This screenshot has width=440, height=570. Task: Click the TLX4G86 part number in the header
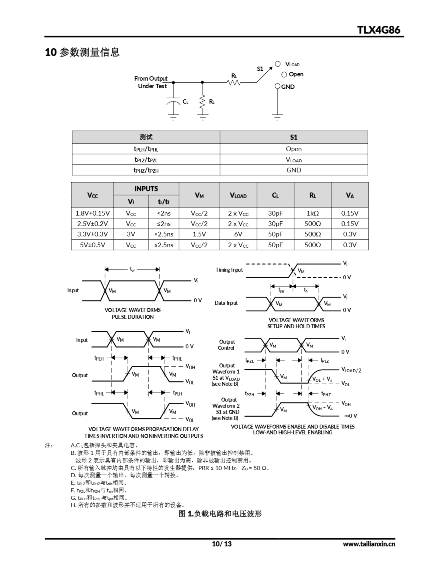coord(378,30)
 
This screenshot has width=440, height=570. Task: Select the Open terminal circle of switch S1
coord(284,75)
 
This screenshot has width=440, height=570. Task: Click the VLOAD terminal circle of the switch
coord(278,64)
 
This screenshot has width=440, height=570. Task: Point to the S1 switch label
coord(260,69)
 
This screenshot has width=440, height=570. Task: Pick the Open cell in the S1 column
coord(294,149)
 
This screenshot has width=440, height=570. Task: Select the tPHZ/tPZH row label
coord(146,170)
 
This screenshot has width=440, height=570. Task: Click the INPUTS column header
coord(146,189)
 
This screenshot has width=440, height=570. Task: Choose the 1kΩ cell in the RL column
coord(313,213)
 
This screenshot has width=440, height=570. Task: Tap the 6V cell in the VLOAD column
coord(238,234)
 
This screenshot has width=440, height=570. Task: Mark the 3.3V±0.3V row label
coord(92,234)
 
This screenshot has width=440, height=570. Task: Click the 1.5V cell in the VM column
coord(199,234)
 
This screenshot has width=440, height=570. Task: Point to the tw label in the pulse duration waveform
coord(132,269)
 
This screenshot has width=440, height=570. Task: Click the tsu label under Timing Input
coord(281,290)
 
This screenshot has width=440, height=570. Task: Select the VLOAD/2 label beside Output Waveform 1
coord(351,370)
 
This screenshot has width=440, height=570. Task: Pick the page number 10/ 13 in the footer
coord(222,544)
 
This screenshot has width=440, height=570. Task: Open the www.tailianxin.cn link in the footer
coord(369,544)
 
